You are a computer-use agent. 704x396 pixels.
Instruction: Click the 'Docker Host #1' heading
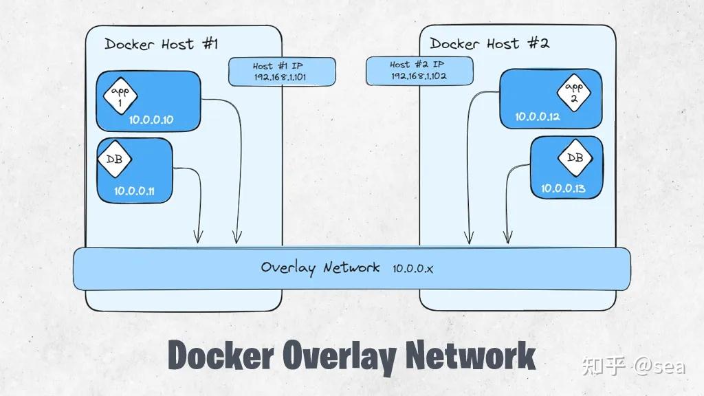click(161, 45)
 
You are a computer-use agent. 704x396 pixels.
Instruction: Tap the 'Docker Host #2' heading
click(489, 44)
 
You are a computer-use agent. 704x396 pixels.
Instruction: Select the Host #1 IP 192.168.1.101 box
click(282, 71)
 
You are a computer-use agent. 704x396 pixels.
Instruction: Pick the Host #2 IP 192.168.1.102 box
click(419, 70)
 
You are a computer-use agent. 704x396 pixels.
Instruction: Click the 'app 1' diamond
click(120, 94)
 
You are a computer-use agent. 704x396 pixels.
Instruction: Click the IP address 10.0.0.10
click(151, 120)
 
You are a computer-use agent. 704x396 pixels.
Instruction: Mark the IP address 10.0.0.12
click(538, 117)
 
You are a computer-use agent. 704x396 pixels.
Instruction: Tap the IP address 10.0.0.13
click(562, 188)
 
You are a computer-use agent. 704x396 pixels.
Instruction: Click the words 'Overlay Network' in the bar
click(320, 267)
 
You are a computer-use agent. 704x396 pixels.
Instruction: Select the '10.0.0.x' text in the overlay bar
click(412, 267)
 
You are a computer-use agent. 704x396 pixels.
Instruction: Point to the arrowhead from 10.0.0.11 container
click(198, 239)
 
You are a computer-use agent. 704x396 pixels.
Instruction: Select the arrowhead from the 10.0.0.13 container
click(507, 238)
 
